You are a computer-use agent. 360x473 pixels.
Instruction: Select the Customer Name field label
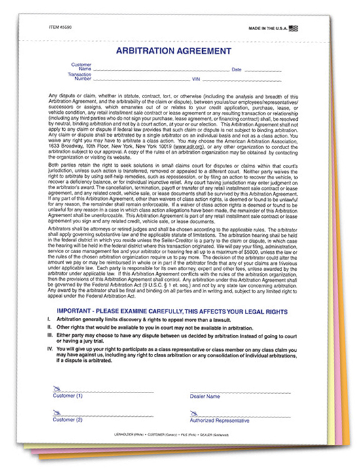(82, 67)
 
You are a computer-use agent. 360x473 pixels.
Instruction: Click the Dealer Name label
(205, 396)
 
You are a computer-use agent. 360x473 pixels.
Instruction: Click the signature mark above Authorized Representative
(194, 413)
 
